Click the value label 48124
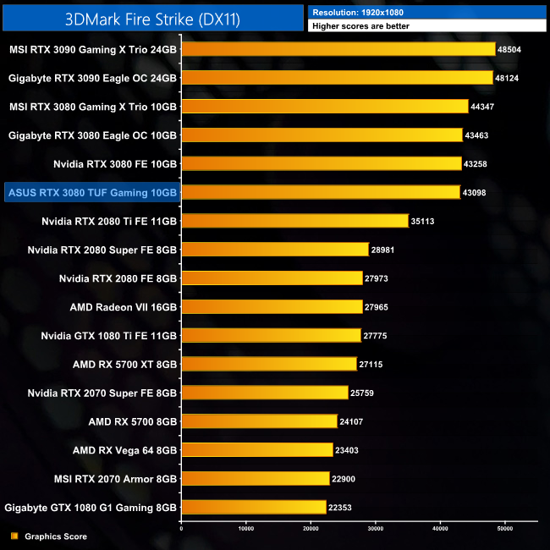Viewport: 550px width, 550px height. (x=509, y=78)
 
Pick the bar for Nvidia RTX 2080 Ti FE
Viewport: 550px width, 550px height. (x=295, y=221)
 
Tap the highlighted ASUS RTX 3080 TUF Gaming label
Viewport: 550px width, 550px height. (x=92, y=193)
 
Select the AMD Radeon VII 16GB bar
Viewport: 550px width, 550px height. (x=272, y=306)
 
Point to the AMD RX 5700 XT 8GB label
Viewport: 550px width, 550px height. (x=124, y=364)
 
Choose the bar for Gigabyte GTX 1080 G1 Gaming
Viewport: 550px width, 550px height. (x=254, y=507)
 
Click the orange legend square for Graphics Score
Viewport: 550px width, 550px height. (x=14, y=536)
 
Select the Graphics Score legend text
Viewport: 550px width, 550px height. (x=56, y=536)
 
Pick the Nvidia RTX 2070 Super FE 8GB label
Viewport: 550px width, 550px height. (x=102, y=393)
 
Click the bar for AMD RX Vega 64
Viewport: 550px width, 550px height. (x=257, y=450)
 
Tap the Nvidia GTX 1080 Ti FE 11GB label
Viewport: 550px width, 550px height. (x=108, y=335)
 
